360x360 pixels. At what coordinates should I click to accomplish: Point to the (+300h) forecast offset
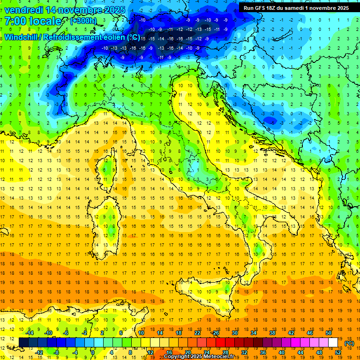coord(83,21)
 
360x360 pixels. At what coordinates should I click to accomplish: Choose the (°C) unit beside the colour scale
coord(349,344)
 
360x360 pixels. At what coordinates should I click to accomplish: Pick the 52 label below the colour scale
coord(337,352)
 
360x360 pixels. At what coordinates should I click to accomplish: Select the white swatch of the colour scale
coord(333,342)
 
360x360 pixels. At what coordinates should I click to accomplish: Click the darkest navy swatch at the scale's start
coord(23,342)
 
